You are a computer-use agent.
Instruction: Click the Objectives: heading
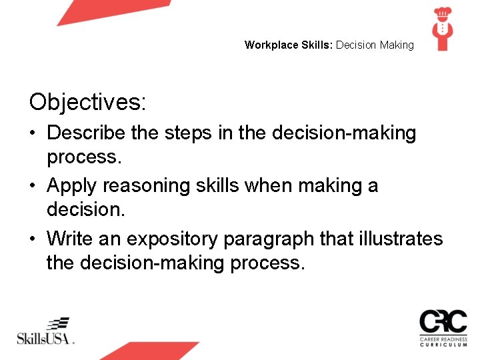click(87, 102)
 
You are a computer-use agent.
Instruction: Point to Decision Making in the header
click(375, 45)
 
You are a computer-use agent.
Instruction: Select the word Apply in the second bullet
click(73, 185)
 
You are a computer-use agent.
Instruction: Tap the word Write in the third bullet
click(71, 238)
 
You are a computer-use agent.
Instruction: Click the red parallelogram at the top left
click(113, 11)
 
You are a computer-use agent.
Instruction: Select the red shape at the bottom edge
click(150, 351)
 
